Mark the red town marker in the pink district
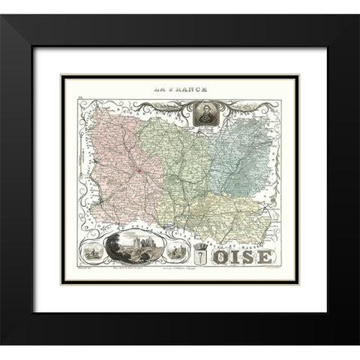139,178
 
